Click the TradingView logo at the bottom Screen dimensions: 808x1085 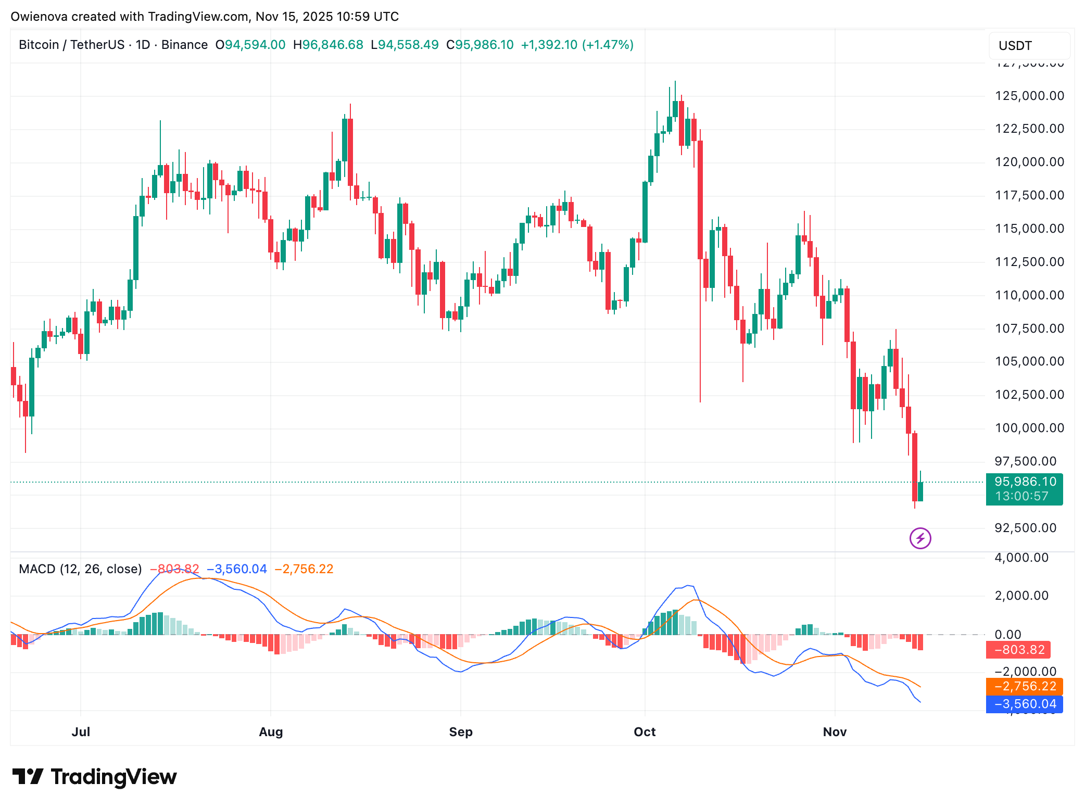click(95, 777)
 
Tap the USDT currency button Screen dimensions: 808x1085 click(1015, 46)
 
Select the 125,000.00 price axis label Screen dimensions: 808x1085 click(1029, 96)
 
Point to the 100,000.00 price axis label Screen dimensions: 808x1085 click(1029, 428)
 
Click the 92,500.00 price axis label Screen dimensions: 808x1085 click(1025, 528)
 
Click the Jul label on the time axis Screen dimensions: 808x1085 click(81, 732)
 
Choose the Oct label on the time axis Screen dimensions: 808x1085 click(645, 732)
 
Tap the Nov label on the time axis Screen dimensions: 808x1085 click(835, 732)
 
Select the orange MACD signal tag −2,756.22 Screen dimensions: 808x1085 click(1025, 686)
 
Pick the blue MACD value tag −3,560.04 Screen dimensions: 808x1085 click(1025, 704)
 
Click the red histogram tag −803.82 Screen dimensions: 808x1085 click(1019, 650)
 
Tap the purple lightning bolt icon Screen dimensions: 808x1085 click(920, 538)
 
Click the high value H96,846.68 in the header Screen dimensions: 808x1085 click(328, 45)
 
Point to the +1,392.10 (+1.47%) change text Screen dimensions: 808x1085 click(577, 45)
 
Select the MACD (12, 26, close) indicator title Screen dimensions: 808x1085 click(80, 569)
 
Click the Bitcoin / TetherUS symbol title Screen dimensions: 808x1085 click(71, 45)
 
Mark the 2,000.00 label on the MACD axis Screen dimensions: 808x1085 click(1021, 596)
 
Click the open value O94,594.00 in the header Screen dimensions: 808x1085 click(250, 45)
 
